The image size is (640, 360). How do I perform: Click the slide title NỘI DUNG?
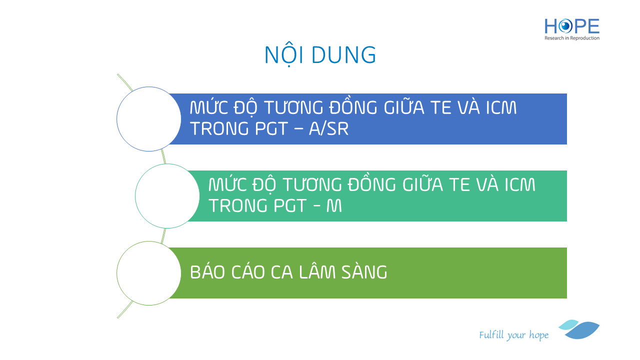click(x=320, y=55)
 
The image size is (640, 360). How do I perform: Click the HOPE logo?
click(x=571, y=29)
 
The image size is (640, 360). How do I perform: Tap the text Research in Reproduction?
click(x=571, y=38)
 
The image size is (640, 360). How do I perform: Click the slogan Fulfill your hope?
click(x=513, y=335)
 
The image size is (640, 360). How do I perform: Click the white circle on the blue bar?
click(x=149, y=119)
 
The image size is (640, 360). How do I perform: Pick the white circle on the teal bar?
click(x=167, y=196)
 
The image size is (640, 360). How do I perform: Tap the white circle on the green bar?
click(x=149, y=273)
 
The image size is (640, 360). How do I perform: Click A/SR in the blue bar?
click(x=328, y=128)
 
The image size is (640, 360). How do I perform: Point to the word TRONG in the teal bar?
click(x=238, y=205)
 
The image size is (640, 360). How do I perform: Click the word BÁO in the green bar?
click(x=207, y=272)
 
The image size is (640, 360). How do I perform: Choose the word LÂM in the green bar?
click(x=317, y=272)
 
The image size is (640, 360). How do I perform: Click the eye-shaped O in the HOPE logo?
click(x=565, y=26)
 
